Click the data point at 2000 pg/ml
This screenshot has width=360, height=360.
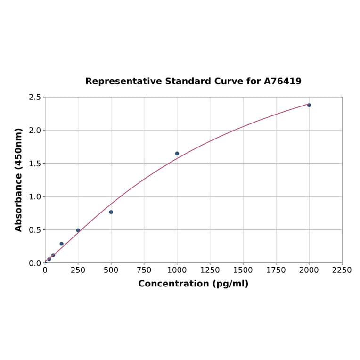(309, 105)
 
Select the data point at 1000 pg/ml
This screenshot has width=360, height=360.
(177, 154)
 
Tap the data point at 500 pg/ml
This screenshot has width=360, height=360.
(111, 212)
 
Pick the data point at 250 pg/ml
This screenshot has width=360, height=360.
(78, 230)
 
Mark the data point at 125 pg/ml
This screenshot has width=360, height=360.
(62, 244)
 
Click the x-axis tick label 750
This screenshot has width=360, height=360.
(144, 270)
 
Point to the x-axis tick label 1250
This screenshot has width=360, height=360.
(210, 270)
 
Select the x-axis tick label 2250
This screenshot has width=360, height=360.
(342, 270)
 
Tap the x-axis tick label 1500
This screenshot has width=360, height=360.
(243, 270)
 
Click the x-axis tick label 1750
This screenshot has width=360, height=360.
(276, 270)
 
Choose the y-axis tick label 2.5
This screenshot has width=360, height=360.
(35, 97)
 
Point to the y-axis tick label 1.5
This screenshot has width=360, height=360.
(35, 164)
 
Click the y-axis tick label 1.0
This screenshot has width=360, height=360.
(35, 196)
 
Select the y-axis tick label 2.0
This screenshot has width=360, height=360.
(35, 130)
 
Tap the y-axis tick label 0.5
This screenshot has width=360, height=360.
(35, 230)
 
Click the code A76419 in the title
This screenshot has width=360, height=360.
(283, 82)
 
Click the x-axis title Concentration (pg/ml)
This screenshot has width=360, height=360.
(193, 284)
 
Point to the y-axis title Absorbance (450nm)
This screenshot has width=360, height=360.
(19, 180)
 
